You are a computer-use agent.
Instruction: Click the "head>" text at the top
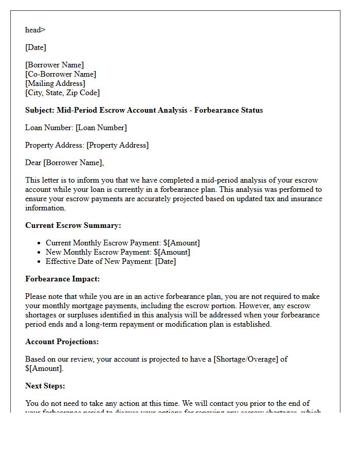35,30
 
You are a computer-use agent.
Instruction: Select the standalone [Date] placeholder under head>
35,47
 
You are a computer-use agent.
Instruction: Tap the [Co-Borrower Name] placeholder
61,74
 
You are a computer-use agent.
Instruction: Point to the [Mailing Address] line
55,83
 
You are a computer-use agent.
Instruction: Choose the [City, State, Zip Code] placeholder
62,93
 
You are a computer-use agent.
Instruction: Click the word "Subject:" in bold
40,110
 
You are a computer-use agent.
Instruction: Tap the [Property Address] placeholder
117,145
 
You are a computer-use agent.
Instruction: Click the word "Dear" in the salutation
33,163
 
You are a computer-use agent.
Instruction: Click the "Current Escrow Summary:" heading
73,225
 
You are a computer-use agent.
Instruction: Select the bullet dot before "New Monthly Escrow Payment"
40,253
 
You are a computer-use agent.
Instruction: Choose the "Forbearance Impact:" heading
62,279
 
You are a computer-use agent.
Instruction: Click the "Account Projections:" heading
62,342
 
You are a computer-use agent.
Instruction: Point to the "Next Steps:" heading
45,386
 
